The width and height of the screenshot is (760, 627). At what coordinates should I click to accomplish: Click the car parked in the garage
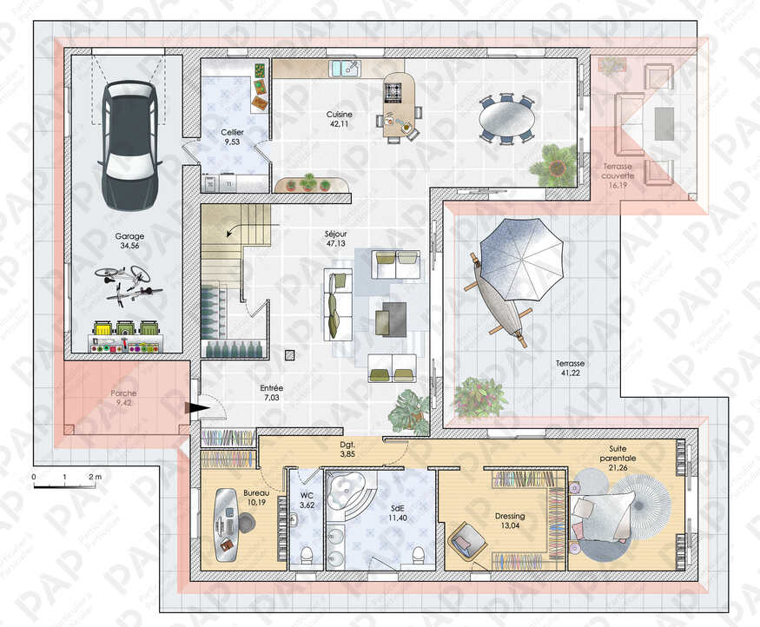click(x=130, y=145)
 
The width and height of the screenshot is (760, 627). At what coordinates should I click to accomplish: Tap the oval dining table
click(x=507, y=118)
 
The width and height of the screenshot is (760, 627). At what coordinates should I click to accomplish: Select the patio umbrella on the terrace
click(x=521, y=260)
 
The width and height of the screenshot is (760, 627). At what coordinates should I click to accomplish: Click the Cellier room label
click(x=232, y=132)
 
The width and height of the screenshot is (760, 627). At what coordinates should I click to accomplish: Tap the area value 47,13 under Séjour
click(x=336, y=243)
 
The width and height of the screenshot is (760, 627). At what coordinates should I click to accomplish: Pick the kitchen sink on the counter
click(x=345, y=69)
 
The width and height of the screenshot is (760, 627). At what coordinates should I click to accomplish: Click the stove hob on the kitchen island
click(x=393, y=93)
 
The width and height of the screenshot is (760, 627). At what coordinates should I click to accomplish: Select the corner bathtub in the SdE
click(x=349, y=490)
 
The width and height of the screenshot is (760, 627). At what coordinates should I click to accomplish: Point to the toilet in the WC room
click(x=307, y=555)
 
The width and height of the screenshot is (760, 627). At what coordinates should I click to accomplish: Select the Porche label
click(x=123, y=393)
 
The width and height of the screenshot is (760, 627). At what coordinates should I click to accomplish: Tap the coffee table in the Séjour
click(x=391, y=319)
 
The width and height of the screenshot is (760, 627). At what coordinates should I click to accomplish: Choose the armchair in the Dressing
click(x=467, y=542)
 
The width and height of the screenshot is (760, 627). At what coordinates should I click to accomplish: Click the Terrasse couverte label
click(x=618, y=171)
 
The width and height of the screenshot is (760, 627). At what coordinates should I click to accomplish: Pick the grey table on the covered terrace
click(x=664, y=123)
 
